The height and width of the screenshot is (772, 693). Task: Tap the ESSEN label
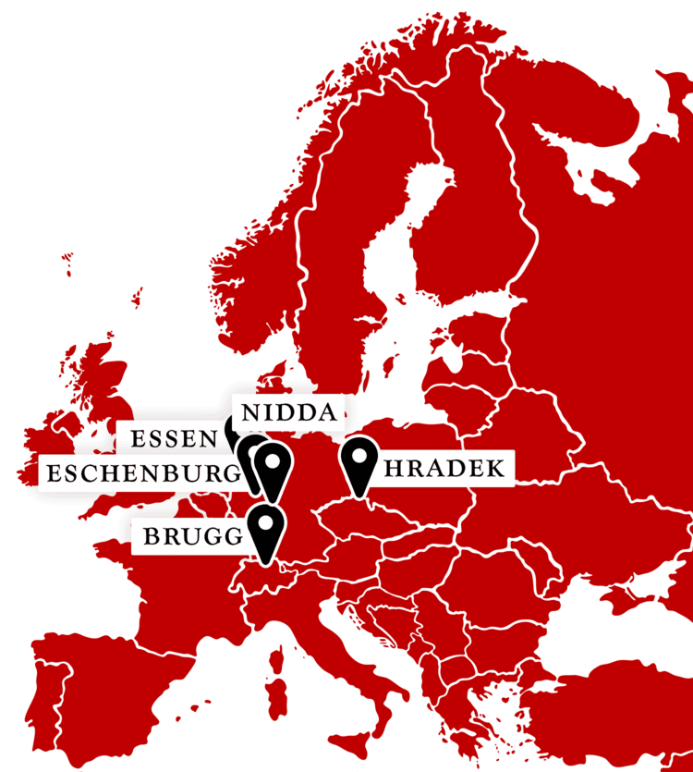click(173, 438)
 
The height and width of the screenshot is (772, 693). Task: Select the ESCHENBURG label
click(140, 474)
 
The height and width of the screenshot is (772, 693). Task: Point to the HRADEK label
click(444, 469)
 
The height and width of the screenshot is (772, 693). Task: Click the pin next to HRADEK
click(359, 461)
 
